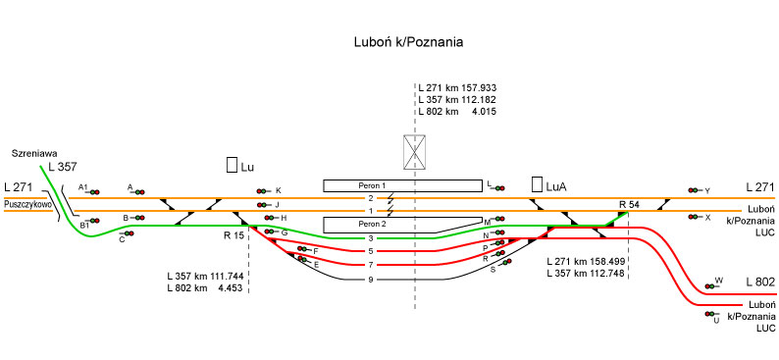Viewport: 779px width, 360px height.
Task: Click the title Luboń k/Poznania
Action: tap(408, 42)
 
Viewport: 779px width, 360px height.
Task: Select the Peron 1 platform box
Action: tap(403, 185)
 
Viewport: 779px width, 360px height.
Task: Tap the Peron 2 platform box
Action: tap(403, 225)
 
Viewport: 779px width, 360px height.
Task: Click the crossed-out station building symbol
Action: tap(414, 152)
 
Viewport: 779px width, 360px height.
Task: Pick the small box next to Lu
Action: tap(232, 165)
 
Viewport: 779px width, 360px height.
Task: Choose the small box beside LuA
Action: tap(537, 184)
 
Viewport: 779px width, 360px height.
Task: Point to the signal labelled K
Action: tap(262, 191)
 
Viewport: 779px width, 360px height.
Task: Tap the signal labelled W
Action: tap(710, 286)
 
